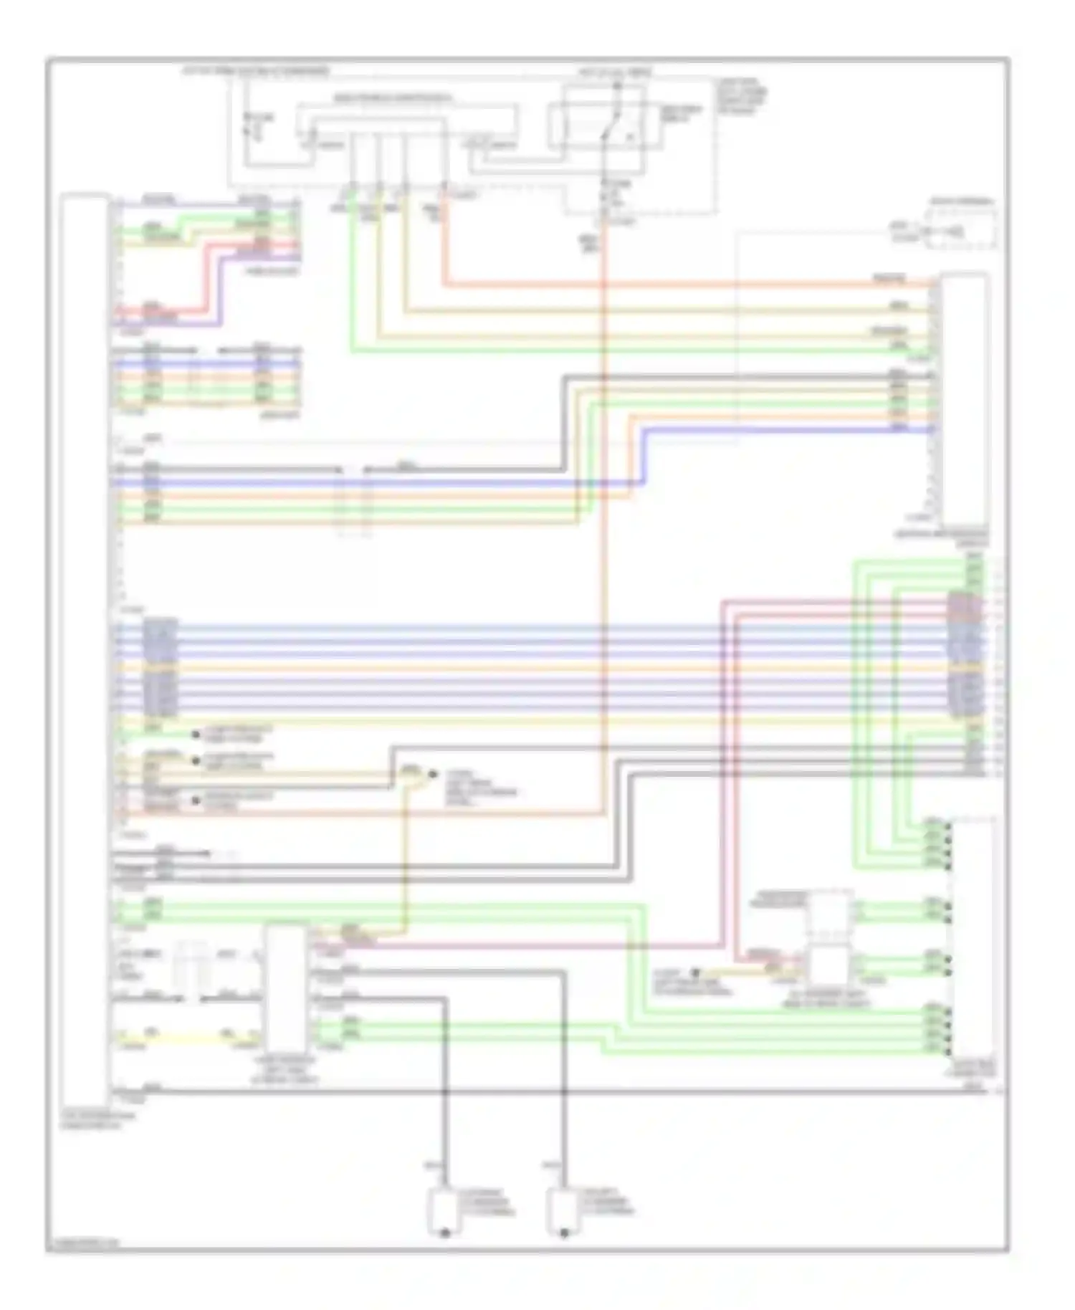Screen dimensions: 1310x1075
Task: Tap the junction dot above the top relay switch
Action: click(x=617, y=87)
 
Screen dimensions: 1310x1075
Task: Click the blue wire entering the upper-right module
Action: click(x=788, y=429)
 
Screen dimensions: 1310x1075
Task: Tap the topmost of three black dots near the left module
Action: click(x=196, y=735)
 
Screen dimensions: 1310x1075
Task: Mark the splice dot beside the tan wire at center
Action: click(x=432, y=774)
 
